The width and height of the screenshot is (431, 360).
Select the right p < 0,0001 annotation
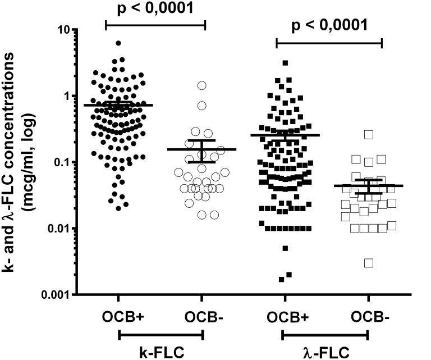tap(329, 25)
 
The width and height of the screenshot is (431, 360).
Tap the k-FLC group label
tap(161, 353)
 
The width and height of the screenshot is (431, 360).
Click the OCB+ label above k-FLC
tap(118, 315)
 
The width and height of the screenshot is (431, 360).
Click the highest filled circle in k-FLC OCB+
tap(118, 43)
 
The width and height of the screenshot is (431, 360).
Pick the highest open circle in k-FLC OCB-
tap(201, 85)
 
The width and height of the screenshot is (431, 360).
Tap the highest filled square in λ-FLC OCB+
tap(285, 63)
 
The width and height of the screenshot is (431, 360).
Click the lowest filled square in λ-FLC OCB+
tap(281, 279)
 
